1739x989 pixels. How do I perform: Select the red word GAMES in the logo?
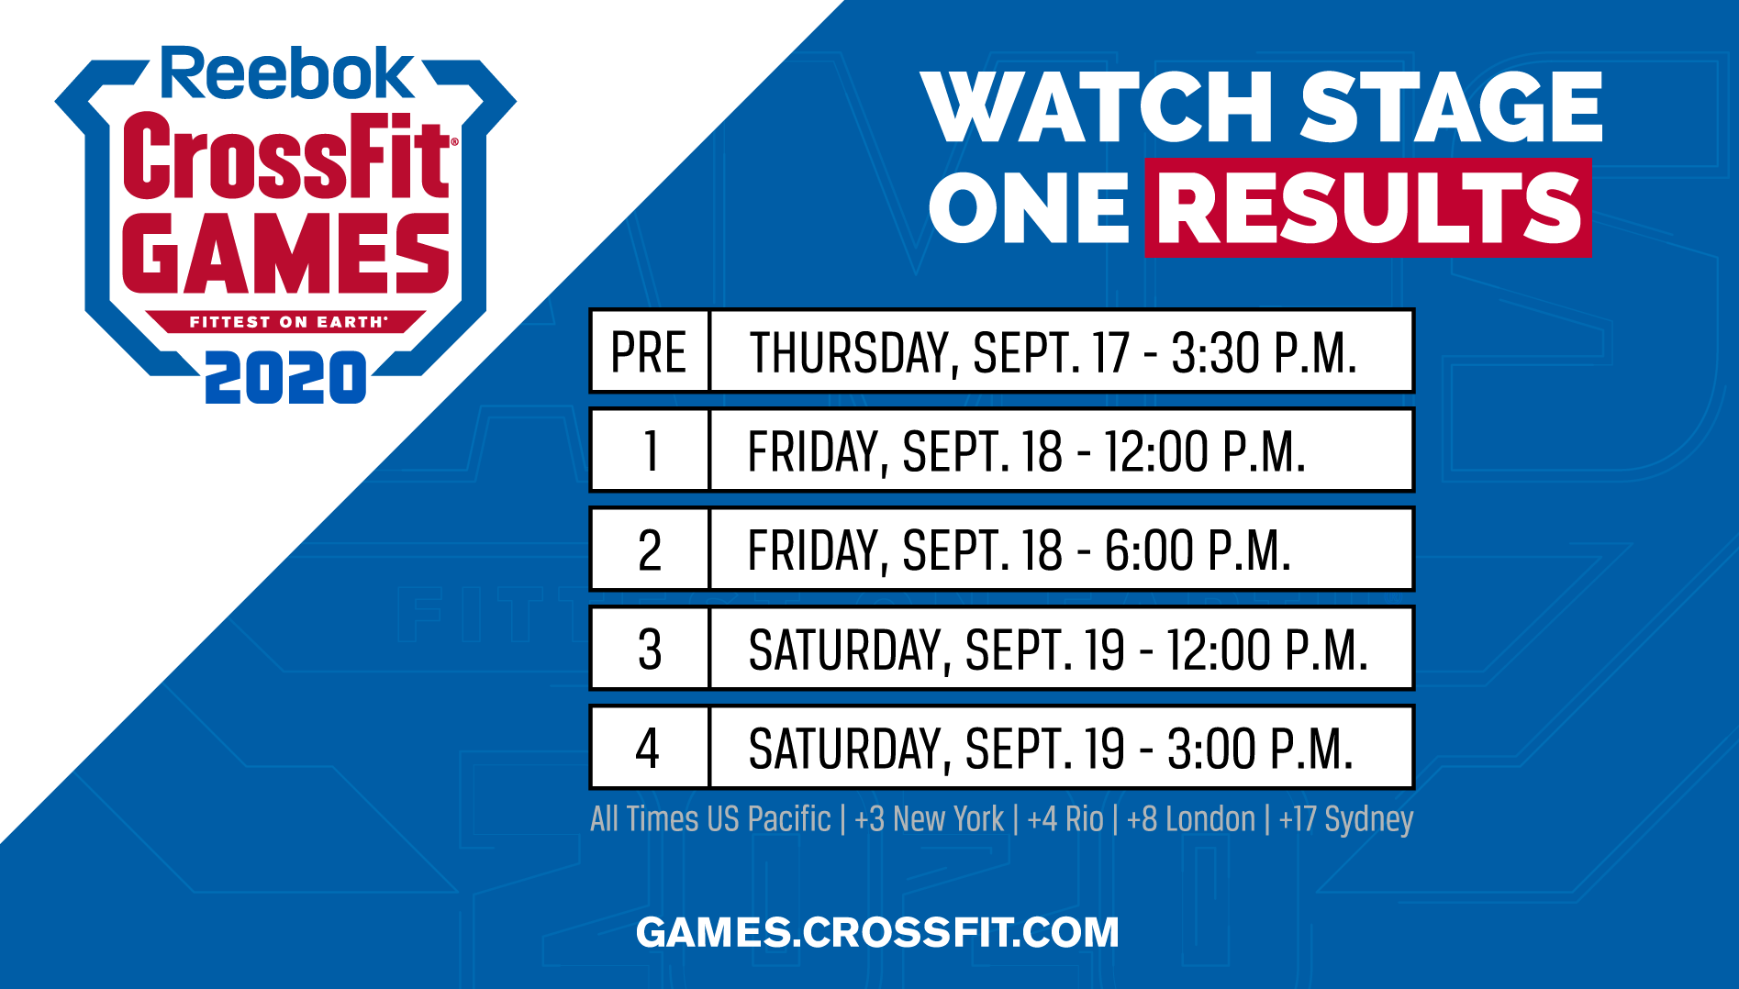(286, 254)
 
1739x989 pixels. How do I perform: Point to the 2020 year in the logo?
(285, 377)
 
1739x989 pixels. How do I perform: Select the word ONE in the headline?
(1029, 207)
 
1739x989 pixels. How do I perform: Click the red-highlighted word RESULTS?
(1368, 207)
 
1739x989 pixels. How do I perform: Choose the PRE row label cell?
(650, 351)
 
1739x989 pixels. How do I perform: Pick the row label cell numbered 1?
(650, 450)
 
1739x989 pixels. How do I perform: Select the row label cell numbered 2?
(650, 550)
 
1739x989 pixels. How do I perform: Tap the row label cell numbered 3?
(650, 649)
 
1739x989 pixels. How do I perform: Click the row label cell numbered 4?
(650, 748)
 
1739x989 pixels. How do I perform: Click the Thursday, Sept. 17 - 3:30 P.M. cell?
(1062, 351)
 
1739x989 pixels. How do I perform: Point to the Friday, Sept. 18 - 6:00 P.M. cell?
(1062, 550)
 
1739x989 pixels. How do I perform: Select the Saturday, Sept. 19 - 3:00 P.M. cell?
(1062, 748)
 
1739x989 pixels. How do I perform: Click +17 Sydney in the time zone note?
(1346, 819)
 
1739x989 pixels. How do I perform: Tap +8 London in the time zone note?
(1191, 818)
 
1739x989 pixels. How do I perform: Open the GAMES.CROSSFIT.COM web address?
(877, 932)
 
